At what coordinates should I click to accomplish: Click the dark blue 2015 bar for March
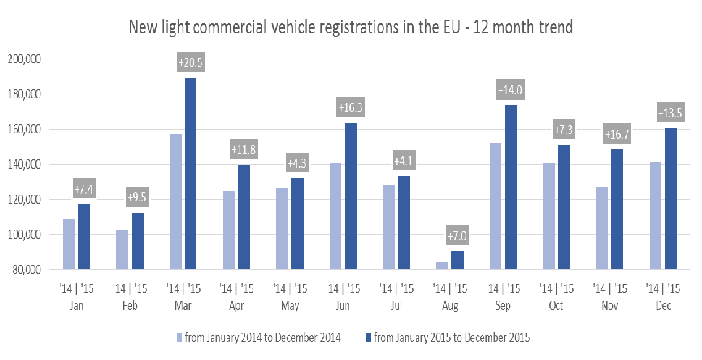[x=191, y=174]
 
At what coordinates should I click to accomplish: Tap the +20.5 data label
[x=190, y=63]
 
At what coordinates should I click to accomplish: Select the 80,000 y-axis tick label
[x=25, y=270]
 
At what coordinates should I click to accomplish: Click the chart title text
[x=351, y=28]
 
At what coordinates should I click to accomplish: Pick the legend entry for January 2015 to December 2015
[x=448, y=338]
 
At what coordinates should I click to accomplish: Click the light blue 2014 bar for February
[x=122, y=249]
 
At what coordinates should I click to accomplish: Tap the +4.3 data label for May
[x=298, y=164]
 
